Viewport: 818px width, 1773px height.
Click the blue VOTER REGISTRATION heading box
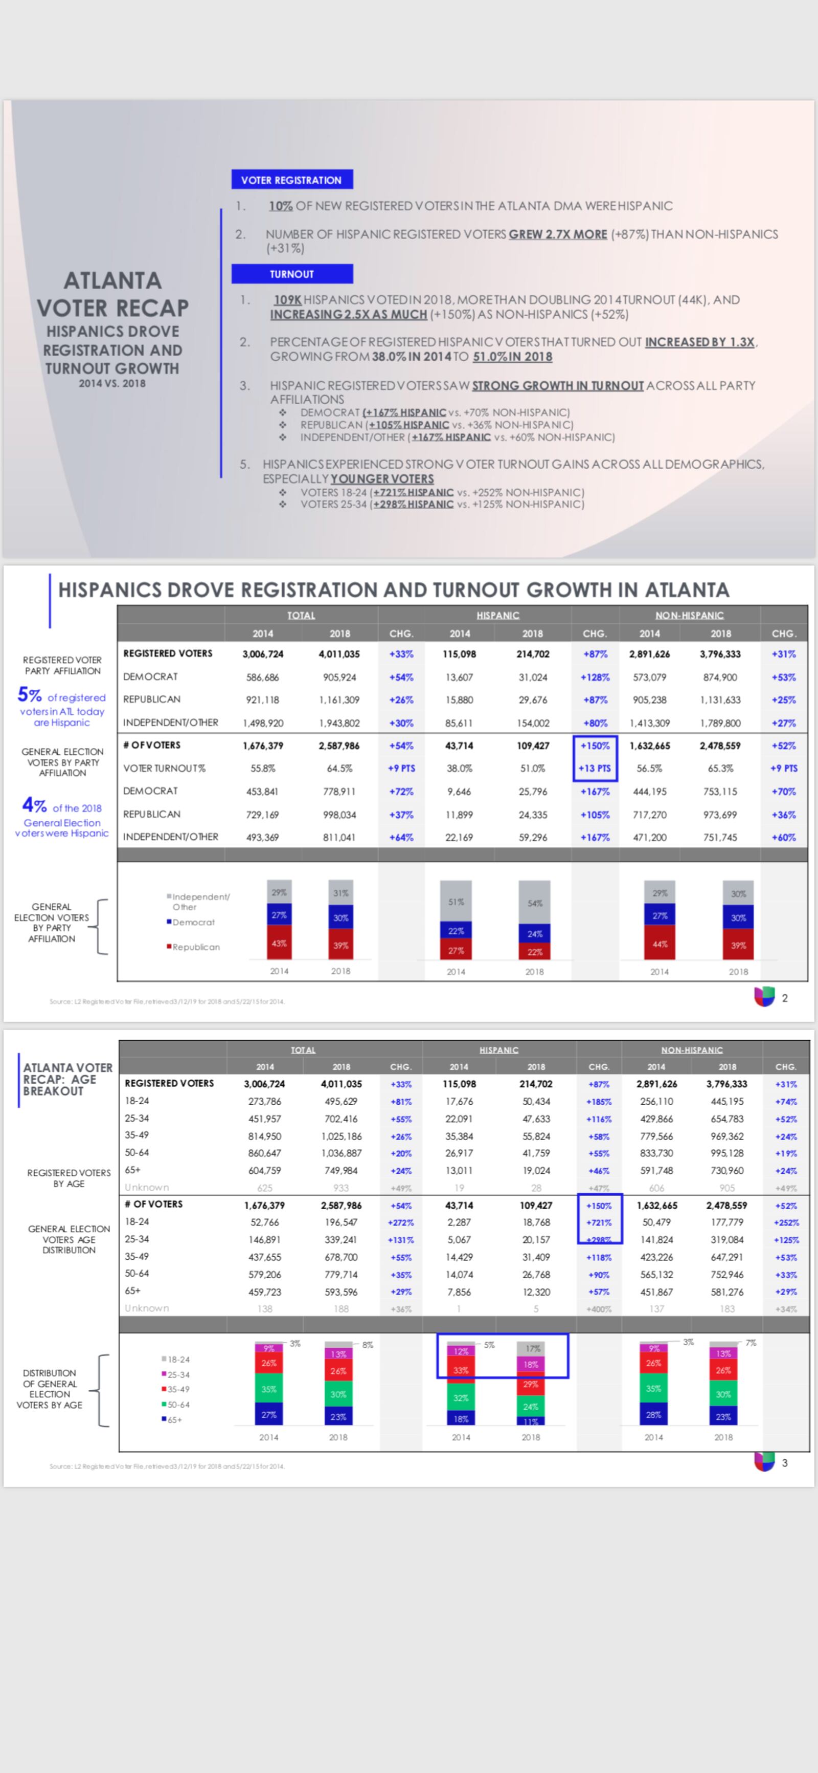pos(292,180)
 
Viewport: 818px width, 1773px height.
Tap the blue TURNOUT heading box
pos(292,274)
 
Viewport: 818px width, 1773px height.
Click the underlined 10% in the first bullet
pos(280,206)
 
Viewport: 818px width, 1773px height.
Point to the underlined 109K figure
pos(287,300)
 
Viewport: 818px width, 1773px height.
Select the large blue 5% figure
pos(30,695)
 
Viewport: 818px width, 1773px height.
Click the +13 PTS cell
pos(595,768)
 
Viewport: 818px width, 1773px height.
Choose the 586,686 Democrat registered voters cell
pos(263,677)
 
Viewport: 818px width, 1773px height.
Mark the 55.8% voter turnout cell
pos(263,768)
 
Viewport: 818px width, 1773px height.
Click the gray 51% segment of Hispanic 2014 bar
pos(456,901)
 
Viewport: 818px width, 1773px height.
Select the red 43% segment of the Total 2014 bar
pos(279,943)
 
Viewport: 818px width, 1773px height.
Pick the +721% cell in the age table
pos(599,1222)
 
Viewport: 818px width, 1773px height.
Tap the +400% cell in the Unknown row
pos(599,1309)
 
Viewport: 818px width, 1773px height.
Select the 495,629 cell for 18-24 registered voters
pos(341,1101)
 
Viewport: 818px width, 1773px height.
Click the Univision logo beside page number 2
pos(764,997)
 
